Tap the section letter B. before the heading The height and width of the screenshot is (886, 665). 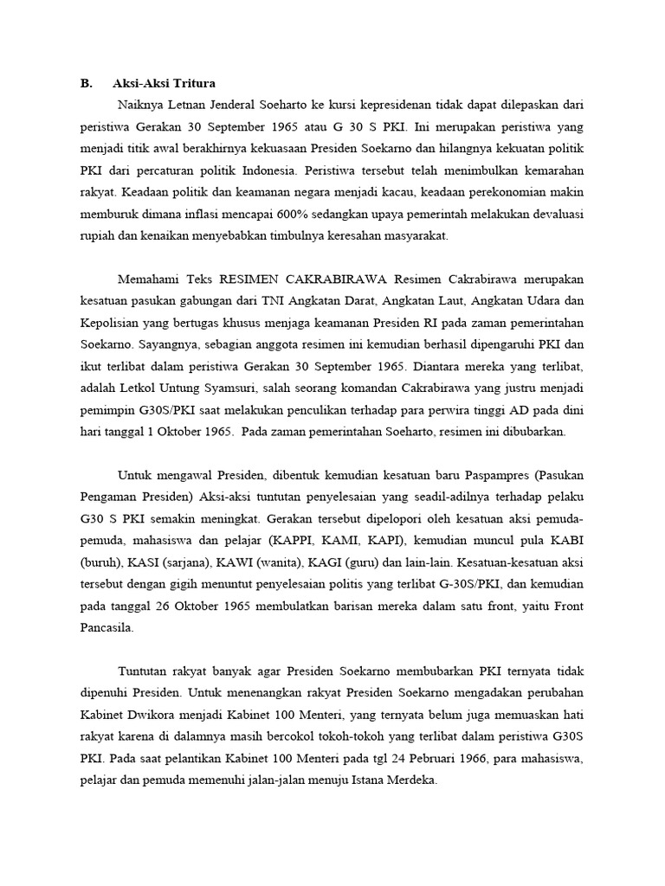click(x=86, y=84)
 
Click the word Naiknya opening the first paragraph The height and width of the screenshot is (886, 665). click(x=141, y=106)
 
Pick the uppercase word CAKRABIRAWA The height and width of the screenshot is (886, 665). click(x=339, y=279)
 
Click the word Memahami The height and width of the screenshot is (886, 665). click(x=145, y=279)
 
